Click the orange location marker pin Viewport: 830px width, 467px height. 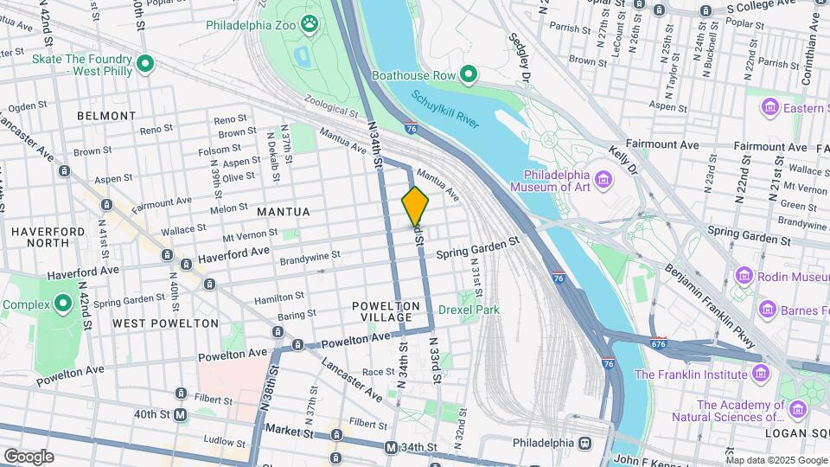pos(415,206)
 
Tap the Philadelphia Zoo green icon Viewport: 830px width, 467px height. pos(309,22)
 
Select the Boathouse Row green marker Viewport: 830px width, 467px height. pos(469,75)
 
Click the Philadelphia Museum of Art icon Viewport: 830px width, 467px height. pos(603,180)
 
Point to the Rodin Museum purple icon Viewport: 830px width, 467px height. pos(744,277)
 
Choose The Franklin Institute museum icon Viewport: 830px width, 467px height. pos(760,374)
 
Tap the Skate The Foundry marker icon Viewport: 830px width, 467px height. pos(145,63)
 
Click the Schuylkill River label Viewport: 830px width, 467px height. pos(444,111)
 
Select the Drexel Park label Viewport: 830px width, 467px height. pos(469,310)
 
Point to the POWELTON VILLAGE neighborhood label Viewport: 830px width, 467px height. pos(386,312)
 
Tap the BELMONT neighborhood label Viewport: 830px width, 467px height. pos(106,115)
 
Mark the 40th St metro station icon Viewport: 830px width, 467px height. pos(181,415)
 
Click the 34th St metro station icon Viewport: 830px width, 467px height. pos(391,448)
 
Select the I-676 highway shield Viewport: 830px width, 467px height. pos(658,343)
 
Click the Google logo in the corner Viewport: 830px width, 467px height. pos(28,456)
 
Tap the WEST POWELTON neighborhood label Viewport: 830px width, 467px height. pos(165,323)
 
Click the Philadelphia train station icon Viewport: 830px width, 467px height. pos(585,443)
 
